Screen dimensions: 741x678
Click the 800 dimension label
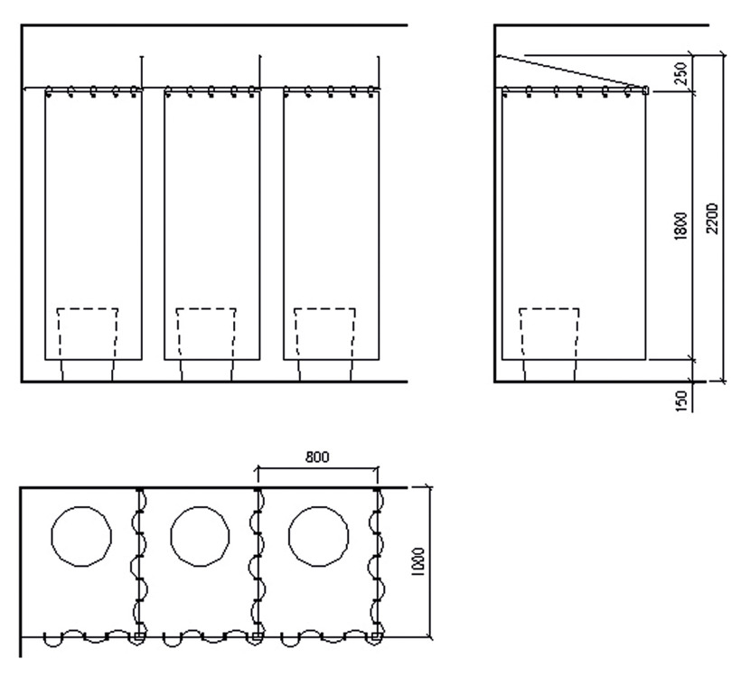pos(317,457)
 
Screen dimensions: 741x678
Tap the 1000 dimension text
pos(418,562)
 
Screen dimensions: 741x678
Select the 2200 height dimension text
pos(712,218)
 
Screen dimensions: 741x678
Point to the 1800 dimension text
pos(681,226)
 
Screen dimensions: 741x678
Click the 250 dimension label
pos(681,73)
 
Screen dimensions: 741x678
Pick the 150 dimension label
pos(681,401)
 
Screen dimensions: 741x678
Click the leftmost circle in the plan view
pos(81,537)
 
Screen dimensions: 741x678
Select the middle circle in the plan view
pos(200,537)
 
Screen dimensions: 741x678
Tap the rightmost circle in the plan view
pos(318,537)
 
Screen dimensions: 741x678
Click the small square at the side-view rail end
pos(645,89)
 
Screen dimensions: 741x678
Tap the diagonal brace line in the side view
pos(569,72)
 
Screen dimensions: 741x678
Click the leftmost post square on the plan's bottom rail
pos(138,636)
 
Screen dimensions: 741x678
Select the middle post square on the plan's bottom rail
pos(256,636)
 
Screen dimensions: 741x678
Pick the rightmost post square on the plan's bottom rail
pos(375,636)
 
